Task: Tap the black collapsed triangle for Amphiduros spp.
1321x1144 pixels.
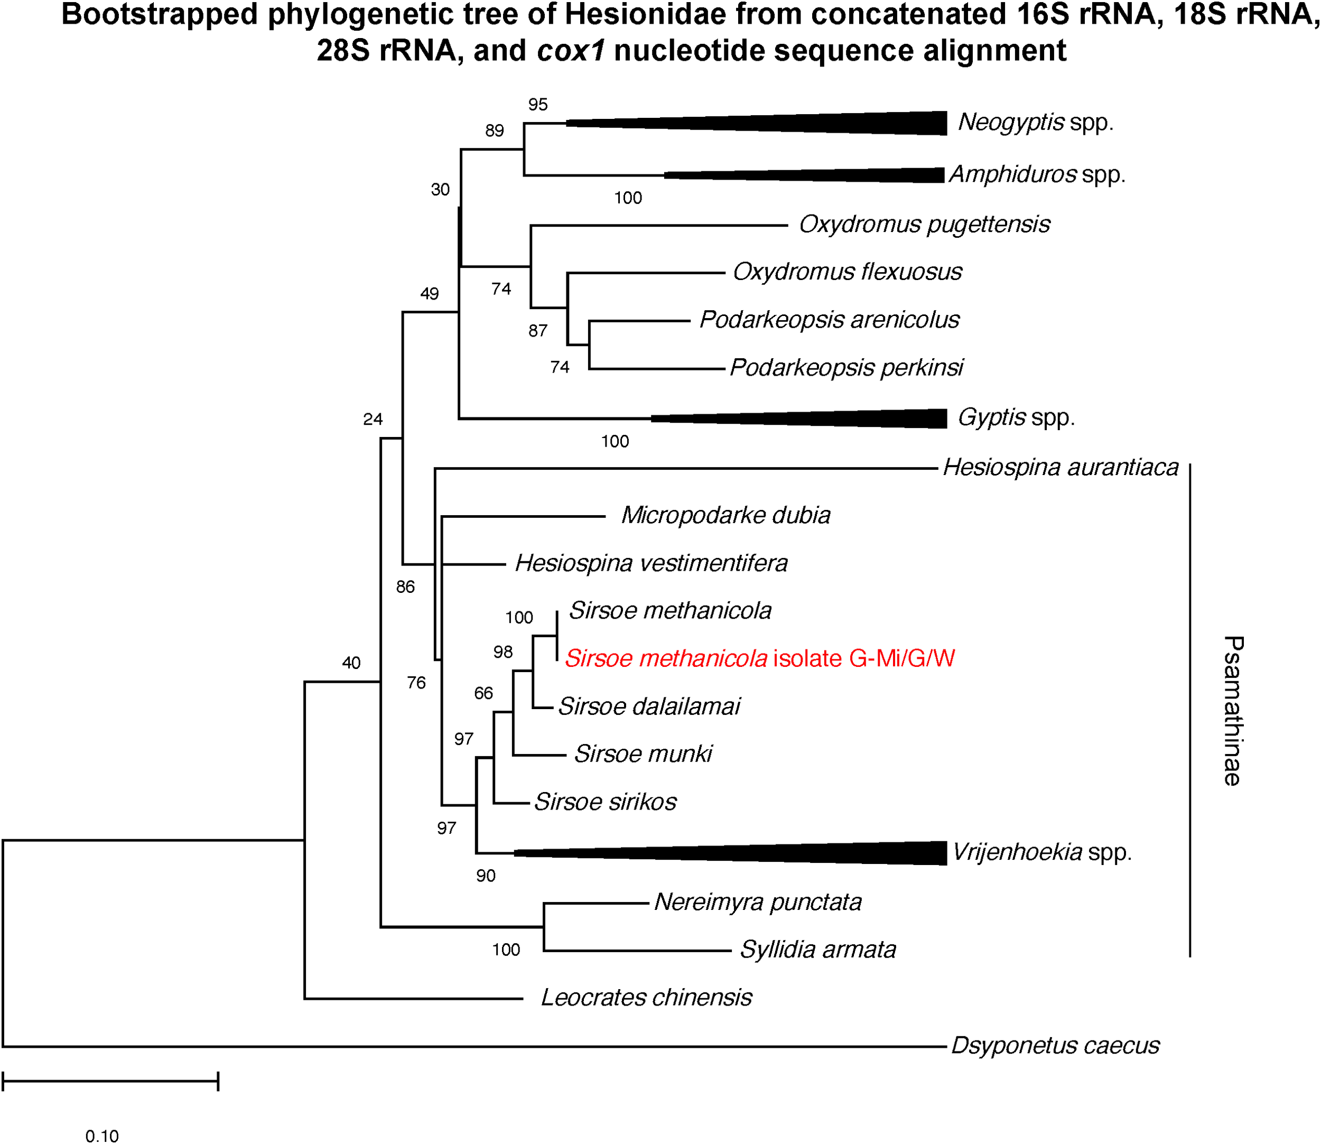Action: click(830, 175)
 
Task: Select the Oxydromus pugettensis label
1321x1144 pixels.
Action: click(924, 225)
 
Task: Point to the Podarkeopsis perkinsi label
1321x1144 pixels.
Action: click(846, 368)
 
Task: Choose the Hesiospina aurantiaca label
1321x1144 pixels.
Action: click(1060, 467)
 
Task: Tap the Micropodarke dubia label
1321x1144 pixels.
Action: click(725, 515)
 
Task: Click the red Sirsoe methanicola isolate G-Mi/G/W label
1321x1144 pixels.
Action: click(760, 658)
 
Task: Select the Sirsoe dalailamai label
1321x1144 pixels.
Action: click(649, 706)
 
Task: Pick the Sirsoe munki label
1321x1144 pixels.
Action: click(643, 754)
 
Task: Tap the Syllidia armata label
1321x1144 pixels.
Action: click(818, 950)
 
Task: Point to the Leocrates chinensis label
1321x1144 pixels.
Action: click(646, 998)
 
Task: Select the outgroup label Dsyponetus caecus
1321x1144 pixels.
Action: click(1055, 1046)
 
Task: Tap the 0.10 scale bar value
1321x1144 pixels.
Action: click(102, 1136)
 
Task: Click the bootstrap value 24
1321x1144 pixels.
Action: click(373, 420)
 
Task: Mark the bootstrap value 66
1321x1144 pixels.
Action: click(483, 693)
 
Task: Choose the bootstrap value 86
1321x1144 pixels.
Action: click(405, 587)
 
